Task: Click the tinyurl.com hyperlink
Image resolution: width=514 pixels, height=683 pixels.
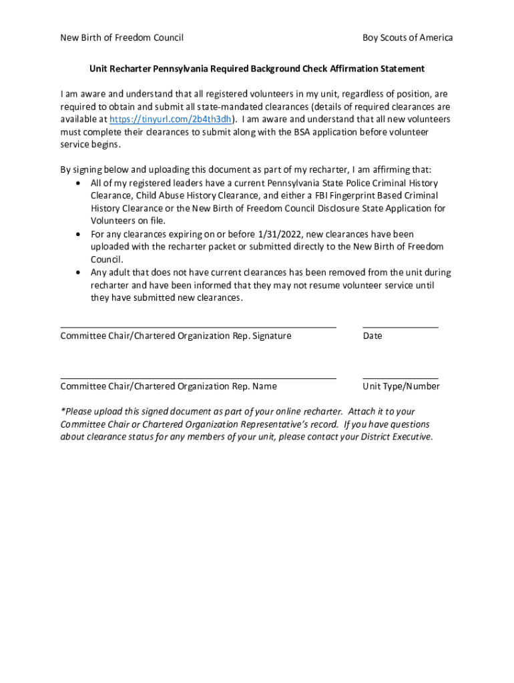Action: pos(170,119)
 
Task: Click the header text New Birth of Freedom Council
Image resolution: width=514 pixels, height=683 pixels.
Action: pos(121,37)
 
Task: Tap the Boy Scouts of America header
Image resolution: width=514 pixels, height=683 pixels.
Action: pos(407,37)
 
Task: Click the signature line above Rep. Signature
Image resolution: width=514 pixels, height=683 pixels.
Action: pos(198,327)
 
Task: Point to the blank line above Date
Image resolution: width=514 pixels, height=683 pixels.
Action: pos(401,327)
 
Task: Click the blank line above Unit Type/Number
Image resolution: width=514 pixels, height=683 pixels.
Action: pos(401,378)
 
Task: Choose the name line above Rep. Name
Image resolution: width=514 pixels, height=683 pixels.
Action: pos(198,378)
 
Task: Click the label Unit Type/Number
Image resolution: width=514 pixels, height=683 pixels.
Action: pos(401,386)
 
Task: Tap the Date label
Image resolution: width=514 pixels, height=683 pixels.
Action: pos(372,336)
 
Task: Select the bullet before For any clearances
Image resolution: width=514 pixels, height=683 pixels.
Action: pos(79,235)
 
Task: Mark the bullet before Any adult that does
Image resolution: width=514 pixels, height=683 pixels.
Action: pos(79,273)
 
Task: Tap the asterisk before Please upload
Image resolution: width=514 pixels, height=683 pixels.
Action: pos(62,411)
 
